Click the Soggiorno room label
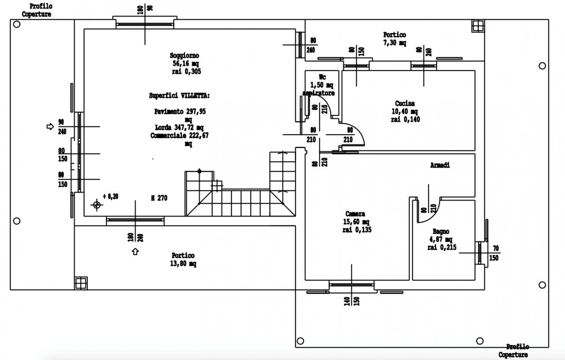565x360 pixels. pyautogui.click(x=185, y=56)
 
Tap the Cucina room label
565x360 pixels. pyautogui.click(x=405, y=104)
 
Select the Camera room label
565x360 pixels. pyautogui.click(x=355, y=214)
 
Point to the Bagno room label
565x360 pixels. pyautogui.click(x=441, y=232)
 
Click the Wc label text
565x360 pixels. pyautogui.click(x=322, y=77)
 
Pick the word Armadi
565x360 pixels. pyautogui.click(x=440, y=165)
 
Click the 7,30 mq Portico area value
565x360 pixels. pyautogui.click(x=395, y=43)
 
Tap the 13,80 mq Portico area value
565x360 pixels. pyautogui.click(x=183, y=264)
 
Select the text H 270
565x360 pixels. pyautogui.click(x=159, y=198)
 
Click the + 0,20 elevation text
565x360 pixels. pyautogui.click(x=110, y=196)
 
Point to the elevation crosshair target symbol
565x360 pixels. pyautogui.click(x=96, y=205)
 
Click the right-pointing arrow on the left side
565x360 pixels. pyautogui.click(x=50, y=127)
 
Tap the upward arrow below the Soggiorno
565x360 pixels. pyautogui.click(x=136, y=252)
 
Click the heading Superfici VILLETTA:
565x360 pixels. pyautogui.click(x=179, y=95)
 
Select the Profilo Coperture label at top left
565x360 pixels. pyautogui.click(x=37, y=10)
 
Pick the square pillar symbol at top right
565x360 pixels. pyautogui.click(x=478, y=26)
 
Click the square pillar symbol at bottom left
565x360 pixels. pyautogui.click(x=81, y=283)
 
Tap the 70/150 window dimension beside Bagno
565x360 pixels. pyautogui.click(x=494, y=253)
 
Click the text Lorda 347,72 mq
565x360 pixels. pyautogui.click(x=179, y=127)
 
